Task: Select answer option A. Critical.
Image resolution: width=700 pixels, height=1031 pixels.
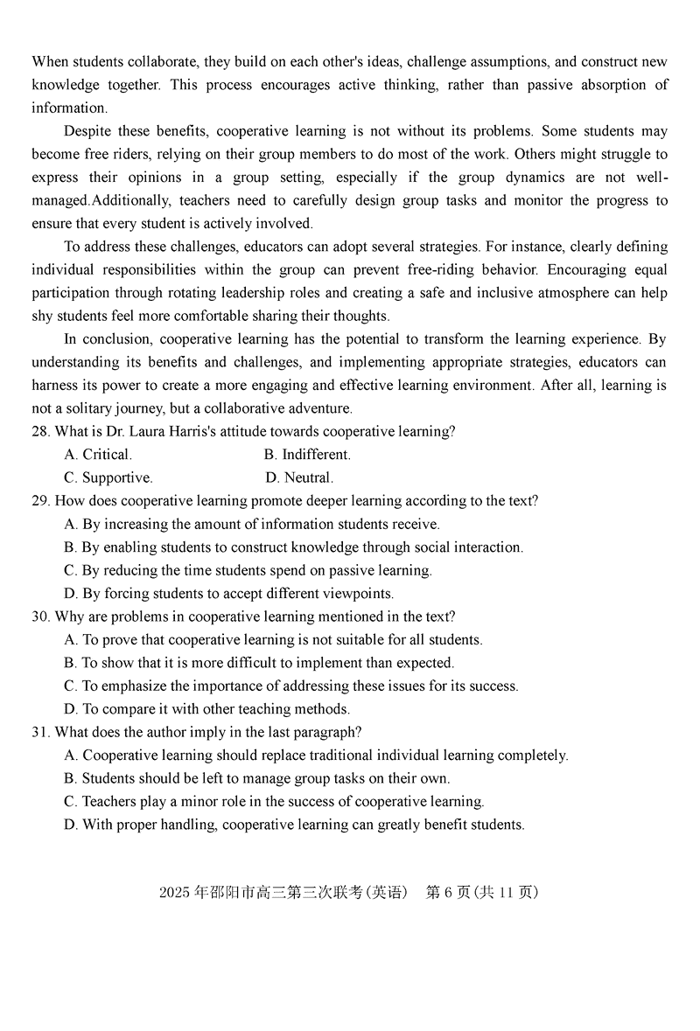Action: click(98, 455)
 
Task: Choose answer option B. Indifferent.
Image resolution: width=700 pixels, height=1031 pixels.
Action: click(307, 455)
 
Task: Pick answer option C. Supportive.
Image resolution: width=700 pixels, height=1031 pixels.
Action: click(108, 477)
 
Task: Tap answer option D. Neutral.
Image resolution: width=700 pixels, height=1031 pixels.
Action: click(299, 477)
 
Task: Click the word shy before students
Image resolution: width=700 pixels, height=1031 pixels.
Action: click(44, 316)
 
